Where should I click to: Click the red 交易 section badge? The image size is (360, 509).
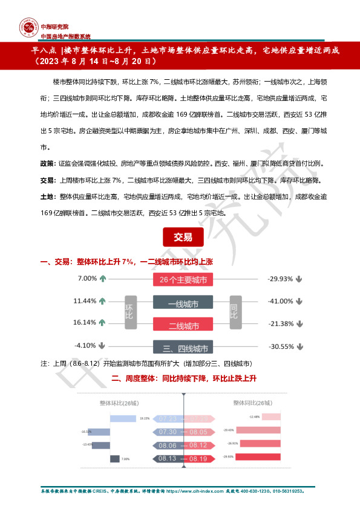(179, 237)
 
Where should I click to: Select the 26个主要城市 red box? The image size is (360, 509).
(183, 280)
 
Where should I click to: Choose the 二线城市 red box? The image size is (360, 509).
(183, 326)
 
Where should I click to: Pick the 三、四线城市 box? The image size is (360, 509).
(183, 348)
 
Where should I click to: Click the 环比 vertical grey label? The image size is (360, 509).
(129, 313)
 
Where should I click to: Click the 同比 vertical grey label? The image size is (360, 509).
(234, 313)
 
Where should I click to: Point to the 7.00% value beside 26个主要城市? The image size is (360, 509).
(87, 279)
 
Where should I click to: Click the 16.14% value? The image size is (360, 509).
(85, 323)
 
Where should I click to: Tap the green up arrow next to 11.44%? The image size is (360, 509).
(102, 301)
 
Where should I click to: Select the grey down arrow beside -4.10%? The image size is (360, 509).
(102, 346)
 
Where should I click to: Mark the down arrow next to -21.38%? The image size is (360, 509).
(299, 323)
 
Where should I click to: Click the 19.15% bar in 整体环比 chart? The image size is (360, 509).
(123, 418)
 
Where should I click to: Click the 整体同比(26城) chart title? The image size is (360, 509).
(252, 403)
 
